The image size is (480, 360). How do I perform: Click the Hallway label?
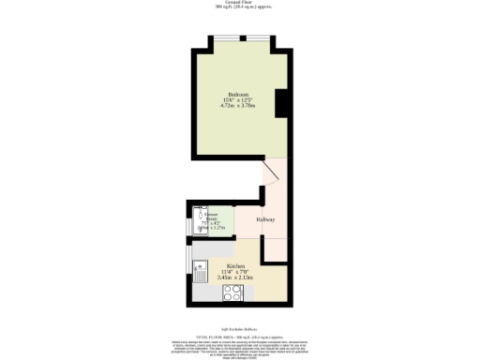[x=266, y=219]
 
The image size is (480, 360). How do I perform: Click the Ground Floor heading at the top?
[x=239, y=3]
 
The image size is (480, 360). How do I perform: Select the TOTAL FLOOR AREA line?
[x=239, y=335]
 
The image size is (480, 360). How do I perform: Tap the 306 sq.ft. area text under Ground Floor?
[x=239, y=8]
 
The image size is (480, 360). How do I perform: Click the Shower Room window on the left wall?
[x=187, y=221]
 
